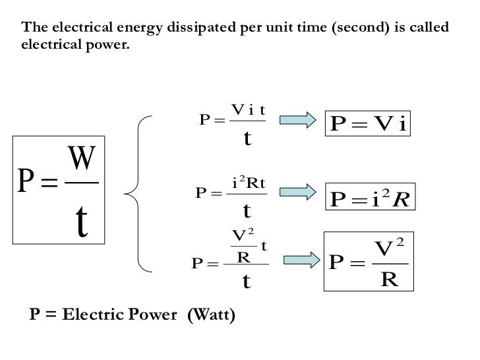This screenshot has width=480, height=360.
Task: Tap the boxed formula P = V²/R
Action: [x=367, y=262]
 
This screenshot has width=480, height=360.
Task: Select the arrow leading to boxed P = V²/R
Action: [x=297, y=258]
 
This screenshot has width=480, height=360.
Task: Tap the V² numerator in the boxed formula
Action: [x=390, y=249]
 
